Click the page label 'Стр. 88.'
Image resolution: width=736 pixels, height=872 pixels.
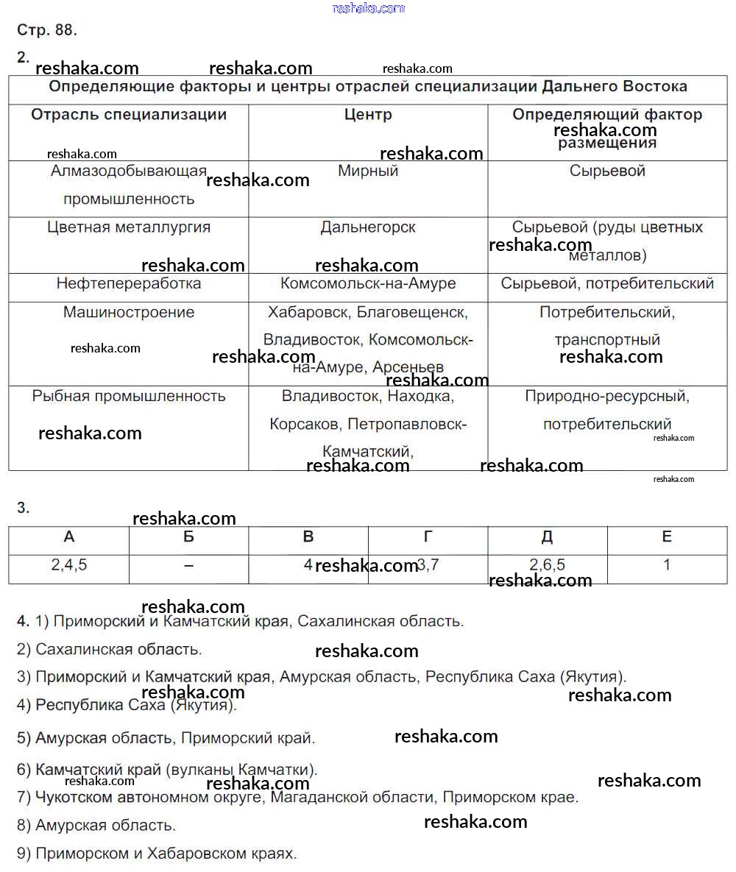click(47, 30)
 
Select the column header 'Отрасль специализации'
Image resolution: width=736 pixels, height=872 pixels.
click(129, 115)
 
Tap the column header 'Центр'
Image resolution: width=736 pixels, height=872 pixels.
click(368, 115)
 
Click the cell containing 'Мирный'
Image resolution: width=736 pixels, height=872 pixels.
click(368, 171)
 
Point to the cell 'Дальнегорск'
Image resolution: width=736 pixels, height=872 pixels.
click(368, 227)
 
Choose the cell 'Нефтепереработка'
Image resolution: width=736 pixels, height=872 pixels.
click(129, 283)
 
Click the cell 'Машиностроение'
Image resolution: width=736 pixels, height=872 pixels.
click(129, 312)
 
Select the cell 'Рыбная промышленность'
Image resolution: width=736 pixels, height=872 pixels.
click(129, 396)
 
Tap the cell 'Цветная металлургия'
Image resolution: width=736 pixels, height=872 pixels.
click(129, 227)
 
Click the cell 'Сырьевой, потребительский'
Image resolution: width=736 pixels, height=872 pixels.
click(607, 283)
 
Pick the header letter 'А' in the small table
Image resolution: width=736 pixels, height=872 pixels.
click(69, 537)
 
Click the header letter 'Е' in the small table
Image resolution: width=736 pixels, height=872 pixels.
click(667, 537)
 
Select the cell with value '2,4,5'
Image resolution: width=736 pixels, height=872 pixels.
click(69, 565)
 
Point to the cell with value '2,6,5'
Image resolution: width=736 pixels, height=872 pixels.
click(548, 565)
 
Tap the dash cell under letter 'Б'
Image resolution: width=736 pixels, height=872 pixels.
click(189, 565)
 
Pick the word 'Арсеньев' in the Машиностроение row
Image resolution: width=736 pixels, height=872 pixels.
click(408, 367)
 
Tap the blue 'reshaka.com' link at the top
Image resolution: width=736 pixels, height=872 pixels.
click(368, 8)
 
